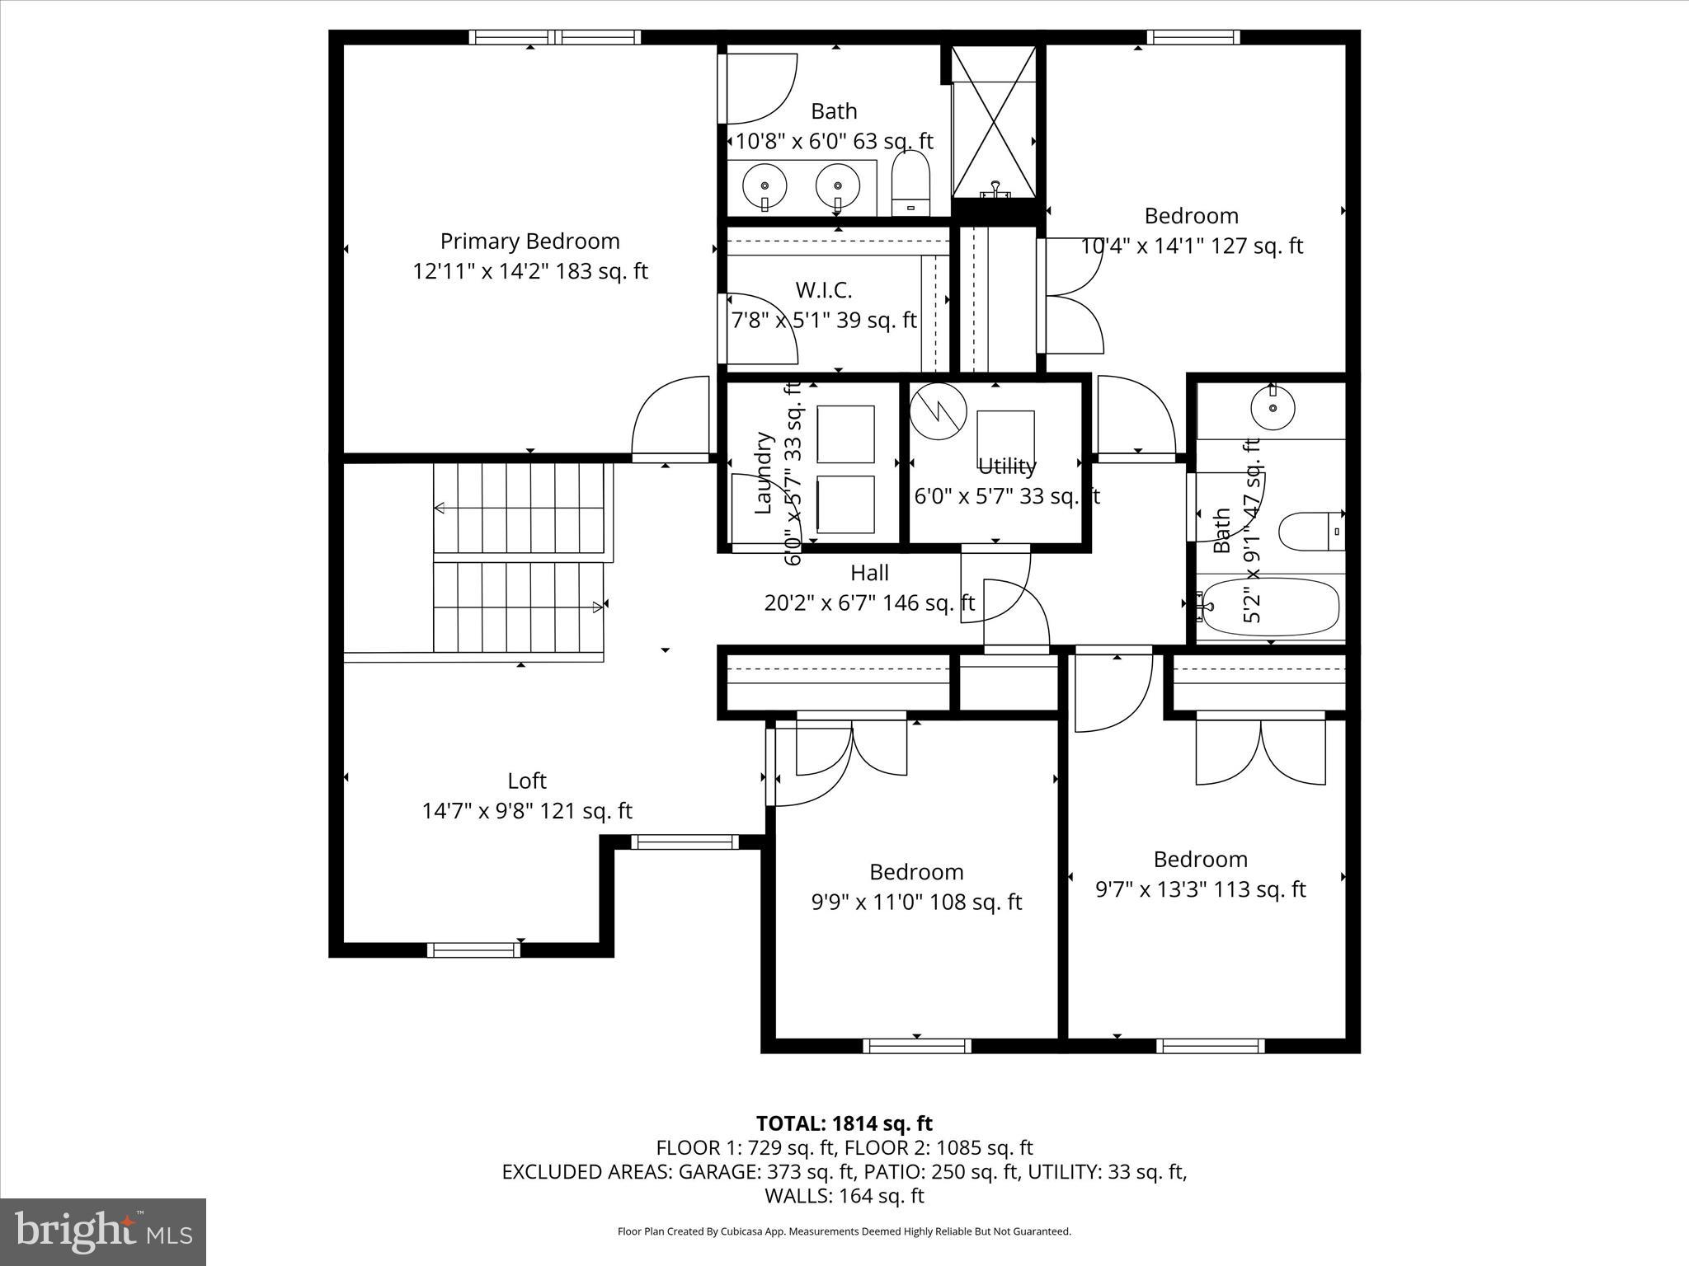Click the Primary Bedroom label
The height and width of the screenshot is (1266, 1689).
point(529,241)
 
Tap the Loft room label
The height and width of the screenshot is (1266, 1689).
point(527,781)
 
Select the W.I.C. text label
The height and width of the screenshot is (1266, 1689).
point(823,290)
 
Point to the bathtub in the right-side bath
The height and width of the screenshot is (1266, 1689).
point(1268,607)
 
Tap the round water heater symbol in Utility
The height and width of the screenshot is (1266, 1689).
point(939,410)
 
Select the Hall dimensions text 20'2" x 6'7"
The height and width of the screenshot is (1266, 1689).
point(869,603)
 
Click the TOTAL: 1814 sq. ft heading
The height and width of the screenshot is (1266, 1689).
point(844,1123)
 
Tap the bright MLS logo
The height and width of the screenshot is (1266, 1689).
point(103,1231)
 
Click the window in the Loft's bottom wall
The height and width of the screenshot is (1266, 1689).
point(473,949)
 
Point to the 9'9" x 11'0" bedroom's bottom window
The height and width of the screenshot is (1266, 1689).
point(917,1046)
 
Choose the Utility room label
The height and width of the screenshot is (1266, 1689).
point(1006,467)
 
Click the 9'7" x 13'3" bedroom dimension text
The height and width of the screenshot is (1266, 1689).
point(1200,889)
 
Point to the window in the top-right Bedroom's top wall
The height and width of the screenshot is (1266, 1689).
point(1193,37)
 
